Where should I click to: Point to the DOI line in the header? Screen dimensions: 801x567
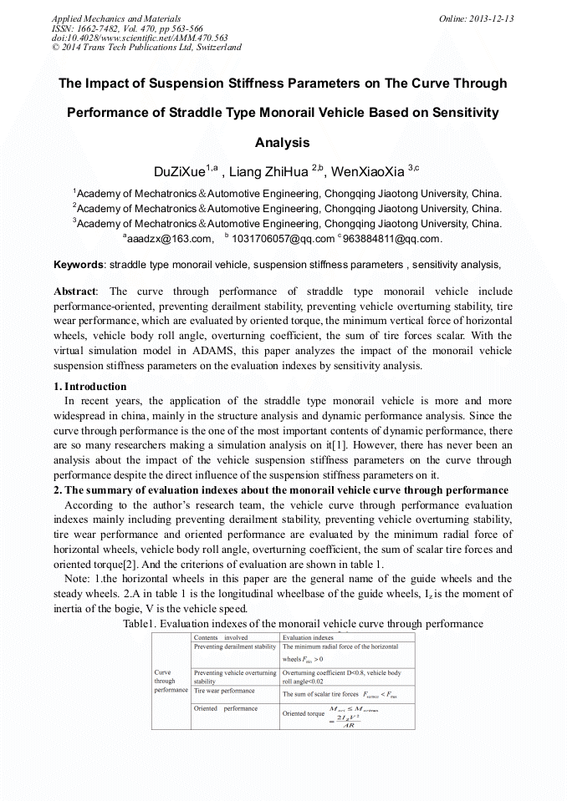(x=140, y=38)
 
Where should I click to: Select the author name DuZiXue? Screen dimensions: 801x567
(x=181, y=172)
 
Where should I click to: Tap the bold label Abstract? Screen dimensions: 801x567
(x=74, y=292)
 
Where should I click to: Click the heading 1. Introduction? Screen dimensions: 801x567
(x=90, y=387)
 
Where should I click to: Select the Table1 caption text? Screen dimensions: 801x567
(x=303, y=624)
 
